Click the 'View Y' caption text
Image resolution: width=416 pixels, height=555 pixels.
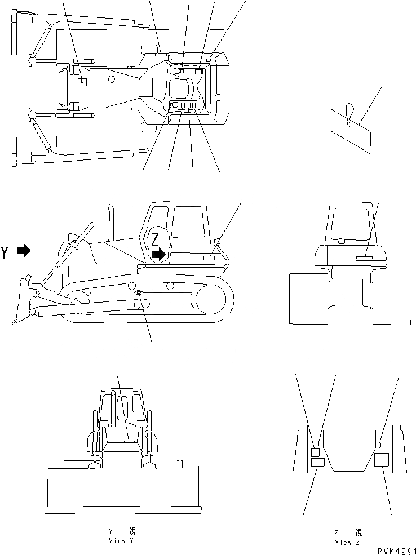(121, 540)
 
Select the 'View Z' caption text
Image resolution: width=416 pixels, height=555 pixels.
(347, 542)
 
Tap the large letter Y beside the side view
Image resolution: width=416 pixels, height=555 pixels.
(6, 252)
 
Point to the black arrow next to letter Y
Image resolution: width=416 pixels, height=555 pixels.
(24, 251)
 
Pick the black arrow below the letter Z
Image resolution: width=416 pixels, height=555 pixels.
(160, 255)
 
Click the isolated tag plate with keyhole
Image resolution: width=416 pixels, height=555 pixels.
(351, 129)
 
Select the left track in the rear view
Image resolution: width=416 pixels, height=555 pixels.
(308, 299)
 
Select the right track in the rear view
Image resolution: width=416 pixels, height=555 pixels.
(392, 299)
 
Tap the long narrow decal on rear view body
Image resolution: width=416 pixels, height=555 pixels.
(364, 258)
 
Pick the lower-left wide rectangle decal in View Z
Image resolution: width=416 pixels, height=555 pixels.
(317, 463)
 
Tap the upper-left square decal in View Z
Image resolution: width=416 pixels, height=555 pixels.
(315, 452)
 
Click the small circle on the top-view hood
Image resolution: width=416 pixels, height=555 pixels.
(112, 79)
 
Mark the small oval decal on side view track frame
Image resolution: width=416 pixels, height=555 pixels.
(139, 292)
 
